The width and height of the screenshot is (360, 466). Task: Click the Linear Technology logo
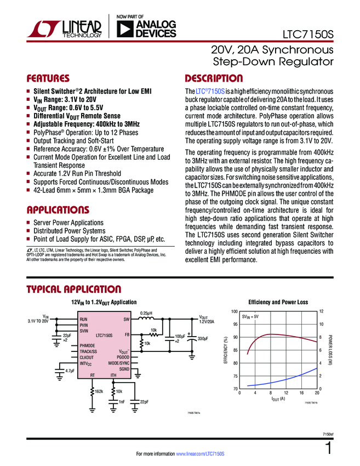pyautogui.click(x=65, y=29)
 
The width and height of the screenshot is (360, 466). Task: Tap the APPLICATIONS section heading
pyautogui.click(x=58, y=210)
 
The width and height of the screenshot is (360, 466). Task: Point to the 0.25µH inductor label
pyautogui.click(x=146, y=313)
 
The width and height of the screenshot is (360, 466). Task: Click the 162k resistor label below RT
pyautogui.click(x=99, y=391)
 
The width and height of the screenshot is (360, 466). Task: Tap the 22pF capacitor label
pyautogui.click(x=145, y=402)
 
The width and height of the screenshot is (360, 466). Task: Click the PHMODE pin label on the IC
pyautogui.click(x=88, y=345)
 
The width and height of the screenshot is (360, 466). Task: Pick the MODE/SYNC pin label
pyautogui.click(x=118, y=363)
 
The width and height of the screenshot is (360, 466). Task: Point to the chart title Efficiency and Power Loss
pyautogui.click(x=278, y=302)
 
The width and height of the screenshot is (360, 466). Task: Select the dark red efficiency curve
pyautogui.click(x=274, y=334)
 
